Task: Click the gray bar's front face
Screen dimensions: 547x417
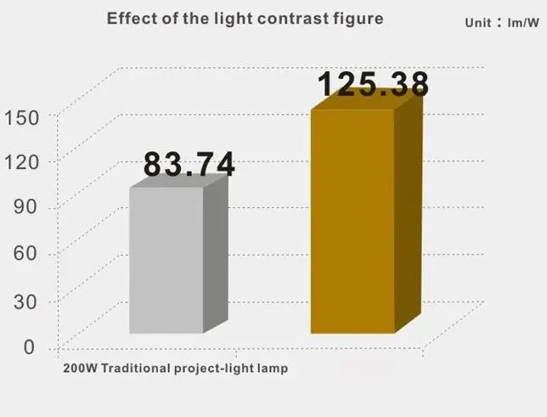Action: (x=166, y=261)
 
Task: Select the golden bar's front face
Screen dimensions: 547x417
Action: (x=352, y=222)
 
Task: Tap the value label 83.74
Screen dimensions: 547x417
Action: (x=189, y=164)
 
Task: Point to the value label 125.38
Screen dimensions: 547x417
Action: (x=373, y=84)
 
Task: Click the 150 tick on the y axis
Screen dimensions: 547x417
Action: (x=21, y=118)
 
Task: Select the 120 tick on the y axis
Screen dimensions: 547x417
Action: (x=21, y=162)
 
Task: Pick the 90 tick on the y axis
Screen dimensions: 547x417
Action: (x=25, y=207)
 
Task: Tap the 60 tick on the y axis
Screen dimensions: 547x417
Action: (x=25, y=253)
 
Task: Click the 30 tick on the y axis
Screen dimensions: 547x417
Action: (x=25, y=301)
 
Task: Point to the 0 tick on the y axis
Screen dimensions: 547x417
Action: (x=29, y=347)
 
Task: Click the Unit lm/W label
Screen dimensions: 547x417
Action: (x=502, y=23)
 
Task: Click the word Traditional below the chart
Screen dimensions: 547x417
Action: (x=136, y=368)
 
